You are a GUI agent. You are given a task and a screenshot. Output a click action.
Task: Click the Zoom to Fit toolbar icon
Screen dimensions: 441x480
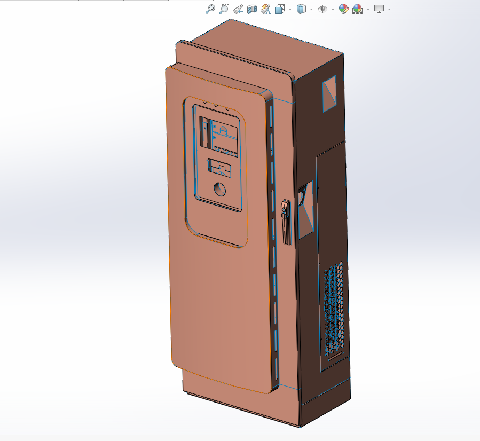point(210,9)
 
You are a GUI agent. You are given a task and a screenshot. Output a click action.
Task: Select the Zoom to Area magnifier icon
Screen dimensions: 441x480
point(224,9)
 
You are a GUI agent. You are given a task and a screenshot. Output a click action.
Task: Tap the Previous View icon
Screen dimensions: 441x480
point(239,9)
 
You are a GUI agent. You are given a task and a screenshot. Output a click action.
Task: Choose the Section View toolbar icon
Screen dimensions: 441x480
point(252,9)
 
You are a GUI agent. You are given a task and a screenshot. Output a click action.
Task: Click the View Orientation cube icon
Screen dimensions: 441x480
point(280,9)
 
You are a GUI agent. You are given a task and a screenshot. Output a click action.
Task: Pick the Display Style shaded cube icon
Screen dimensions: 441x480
point(301,9)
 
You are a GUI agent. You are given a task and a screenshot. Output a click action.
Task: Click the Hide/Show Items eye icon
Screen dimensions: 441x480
point(322,9)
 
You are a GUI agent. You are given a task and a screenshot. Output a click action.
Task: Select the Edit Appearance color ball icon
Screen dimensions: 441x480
point(344,9)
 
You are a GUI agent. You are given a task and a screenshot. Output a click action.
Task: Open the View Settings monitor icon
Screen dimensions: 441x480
point(379,9)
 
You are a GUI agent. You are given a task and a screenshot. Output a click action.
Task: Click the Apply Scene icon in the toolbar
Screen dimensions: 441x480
point(357,9)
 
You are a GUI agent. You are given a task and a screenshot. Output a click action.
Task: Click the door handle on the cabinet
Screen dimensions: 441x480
point(286,222)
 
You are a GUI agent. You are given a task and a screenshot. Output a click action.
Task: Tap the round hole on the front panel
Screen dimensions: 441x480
point(219,189)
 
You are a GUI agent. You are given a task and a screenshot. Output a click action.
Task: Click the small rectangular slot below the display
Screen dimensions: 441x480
point(220,167)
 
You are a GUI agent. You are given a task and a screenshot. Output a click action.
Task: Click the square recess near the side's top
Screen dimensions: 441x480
point(329,93)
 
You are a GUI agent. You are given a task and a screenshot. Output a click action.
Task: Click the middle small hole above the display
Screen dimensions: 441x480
point(216,105)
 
